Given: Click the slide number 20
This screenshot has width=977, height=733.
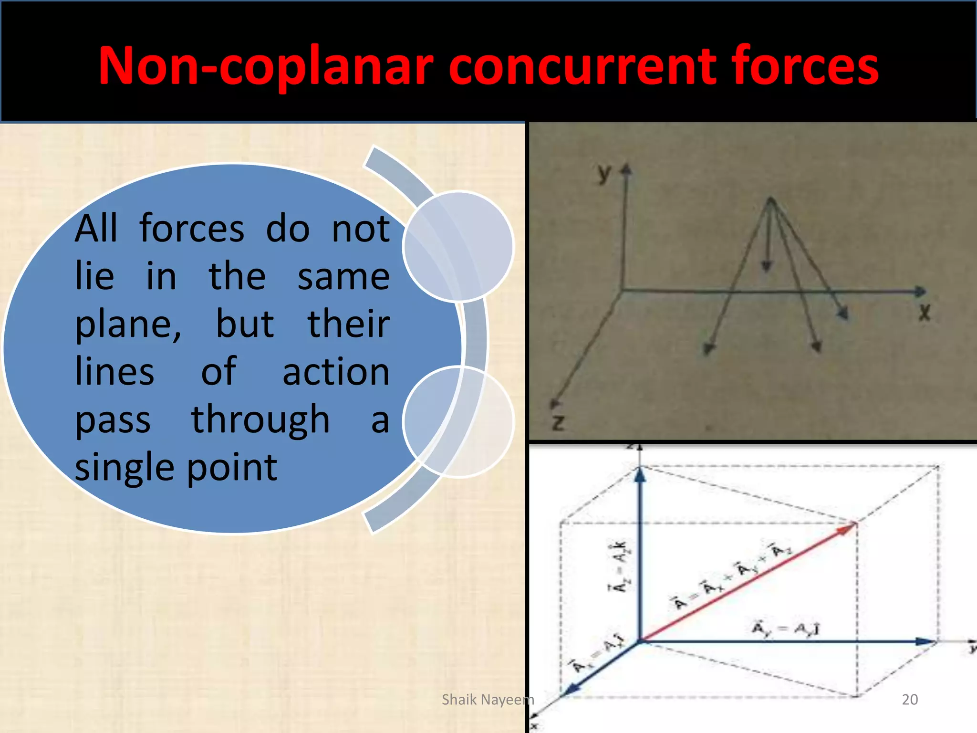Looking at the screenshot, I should point(910,700).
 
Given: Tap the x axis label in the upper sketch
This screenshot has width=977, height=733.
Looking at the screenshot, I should point(925,313).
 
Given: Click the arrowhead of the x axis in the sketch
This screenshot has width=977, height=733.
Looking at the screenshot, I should point(921,291).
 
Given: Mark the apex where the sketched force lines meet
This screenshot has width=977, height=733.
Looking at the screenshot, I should point(770,199).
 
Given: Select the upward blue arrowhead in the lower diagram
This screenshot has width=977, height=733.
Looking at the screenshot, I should point(640,475).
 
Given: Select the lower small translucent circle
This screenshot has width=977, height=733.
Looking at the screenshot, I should point(458,422).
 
